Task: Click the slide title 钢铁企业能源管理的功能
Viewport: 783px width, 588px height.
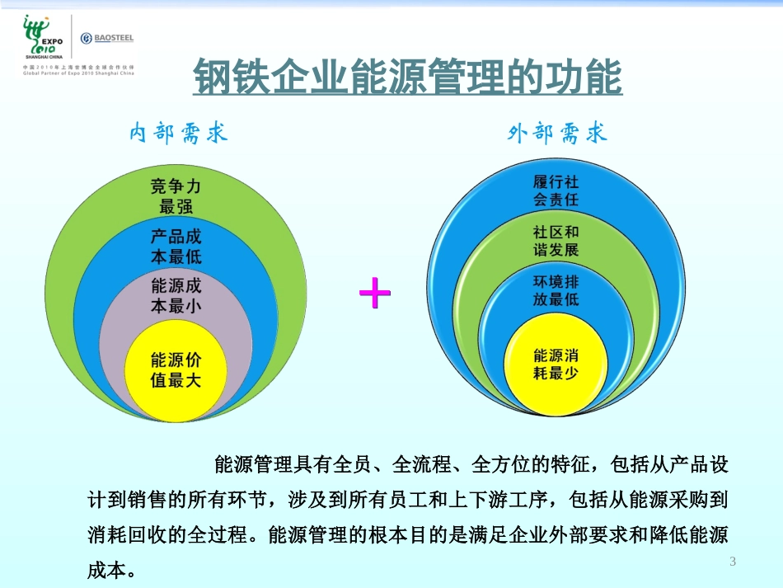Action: pyautogui.click(x=406, y=78)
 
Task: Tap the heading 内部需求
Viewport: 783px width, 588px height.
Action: pyautogui.click(x=178, y=134)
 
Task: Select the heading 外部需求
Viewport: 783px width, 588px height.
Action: pyautogui.click(x=558, y=134)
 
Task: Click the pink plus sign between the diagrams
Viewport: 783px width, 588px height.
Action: pyautogui.click(x=375, y=293)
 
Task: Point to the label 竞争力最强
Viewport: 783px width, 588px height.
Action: pyautogui.click(x=176, y=195)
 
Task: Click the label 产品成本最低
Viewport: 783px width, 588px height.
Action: pyautogui.click(x=176, y=246)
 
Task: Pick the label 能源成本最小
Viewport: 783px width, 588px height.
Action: pyautogui.click(x=176, y=296)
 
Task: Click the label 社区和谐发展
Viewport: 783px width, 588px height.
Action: pyautogui.click(x=556, y=242)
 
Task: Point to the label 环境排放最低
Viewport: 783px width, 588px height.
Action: pyautogui.click(x=556, y=290)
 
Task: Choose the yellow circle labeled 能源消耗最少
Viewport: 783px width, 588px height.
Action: pyautogui.click(x=556, y=365)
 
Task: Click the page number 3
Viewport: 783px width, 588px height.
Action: pyautogui.click(x=732, y=562)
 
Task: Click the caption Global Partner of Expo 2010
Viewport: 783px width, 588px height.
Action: pyautogui.click(x=78, y=73)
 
